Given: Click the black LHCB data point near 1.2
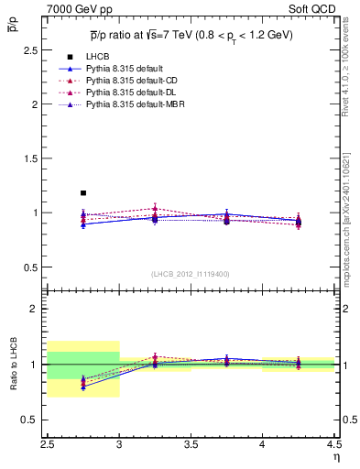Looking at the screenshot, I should tap(83, 193).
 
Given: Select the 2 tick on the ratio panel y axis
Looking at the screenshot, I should tap(38, 309).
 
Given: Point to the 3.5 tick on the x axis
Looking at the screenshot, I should tap(191, 446).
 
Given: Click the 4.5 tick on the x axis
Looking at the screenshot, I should tap(333, 446).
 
